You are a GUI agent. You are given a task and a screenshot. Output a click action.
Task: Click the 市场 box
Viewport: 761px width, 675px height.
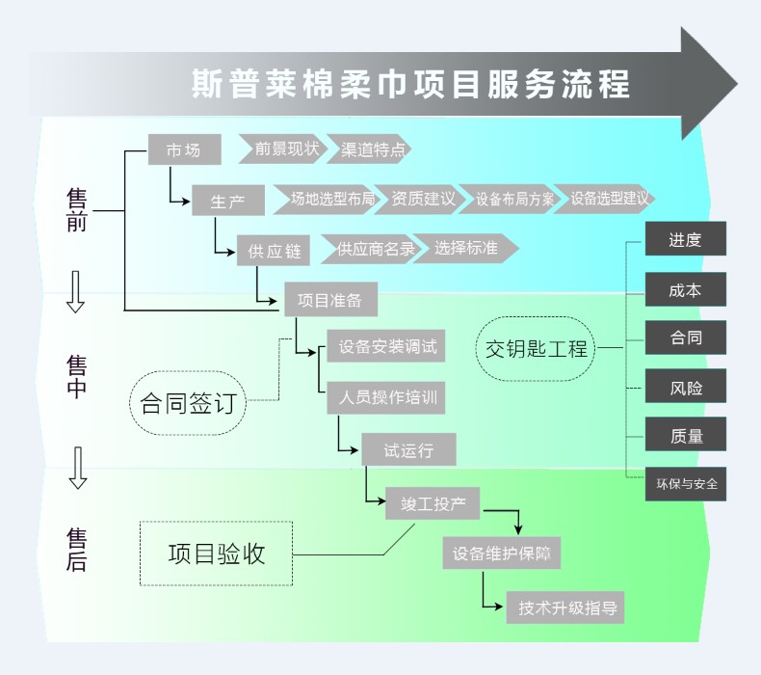(x=184, y=149)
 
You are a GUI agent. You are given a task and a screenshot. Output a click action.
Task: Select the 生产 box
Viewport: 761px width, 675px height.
(x=227, y=201)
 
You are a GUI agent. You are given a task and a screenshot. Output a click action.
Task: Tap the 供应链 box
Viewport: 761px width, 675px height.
(x=274, y=251)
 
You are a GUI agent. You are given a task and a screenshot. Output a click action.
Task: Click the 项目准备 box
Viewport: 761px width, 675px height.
(x=329, y=300)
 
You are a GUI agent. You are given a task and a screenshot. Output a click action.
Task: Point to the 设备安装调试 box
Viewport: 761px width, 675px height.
(x=387, y=347)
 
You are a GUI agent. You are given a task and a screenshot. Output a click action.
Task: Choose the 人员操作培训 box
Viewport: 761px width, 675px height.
(x=385, y=397)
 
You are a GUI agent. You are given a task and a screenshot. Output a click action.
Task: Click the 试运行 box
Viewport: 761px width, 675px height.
(x=408, y=449)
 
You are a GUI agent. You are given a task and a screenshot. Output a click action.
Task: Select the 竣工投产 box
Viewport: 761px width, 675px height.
(x=433, y=503)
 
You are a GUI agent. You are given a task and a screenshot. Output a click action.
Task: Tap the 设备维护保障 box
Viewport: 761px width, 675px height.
(x=501, y=554)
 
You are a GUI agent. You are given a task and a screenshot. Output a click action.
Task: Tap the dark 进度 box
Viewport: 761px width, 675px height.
(x=685, y=240)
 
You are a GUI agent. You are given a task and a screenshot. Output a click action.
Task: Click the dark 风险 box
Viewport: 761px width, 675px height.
(x=685, y=388)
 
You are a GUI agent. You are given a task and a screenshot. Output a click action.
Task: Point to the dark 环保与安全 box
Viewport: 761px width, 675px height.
(x=686, y=484)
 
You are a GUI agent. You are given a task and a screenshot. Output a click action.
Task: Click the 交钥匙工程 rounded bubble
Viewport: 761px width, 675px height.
(x=537, y=348)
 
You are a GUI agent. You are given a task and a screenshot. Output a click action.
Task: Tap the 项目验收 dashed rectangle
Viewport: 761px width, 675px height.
(x=216, y=553)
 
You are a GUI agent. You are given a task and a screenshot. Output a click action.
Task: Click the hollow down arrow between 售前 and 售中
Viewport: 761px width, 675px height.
(x=75, y=291)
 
